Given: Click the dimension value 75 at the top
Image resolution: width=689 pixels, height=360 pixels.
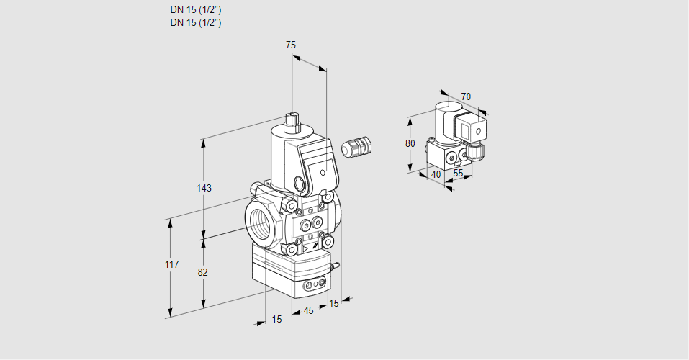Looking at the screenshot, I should (x=291, y=45).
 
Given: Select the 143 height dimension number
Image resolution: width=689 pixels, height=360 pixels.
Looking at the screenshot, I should (x=204, y=188).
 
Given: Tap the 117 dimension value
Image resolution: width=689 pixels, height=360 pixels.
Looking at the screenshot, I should (x=171, y=265).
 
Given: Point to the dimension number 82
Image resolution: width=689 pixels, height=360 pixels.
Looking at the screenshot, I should (x=203, y=272).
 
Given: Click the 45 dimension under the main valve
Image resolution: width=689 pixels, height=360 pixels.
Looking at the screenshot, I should (x=308, y=311).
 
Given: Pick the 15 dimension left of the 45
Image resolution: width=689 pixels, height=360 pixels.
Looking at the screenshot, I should (x=276, y=319).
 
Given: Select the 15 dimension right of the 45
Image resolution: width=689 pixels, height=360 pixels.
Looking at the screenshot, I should (x=333, y=303).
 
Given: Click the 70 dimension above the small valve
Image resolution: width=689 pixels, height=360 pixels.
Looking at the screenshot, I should (x=466, y=96).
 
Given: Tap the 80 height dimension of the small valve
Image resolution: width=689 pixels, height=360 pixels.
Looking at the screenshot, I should (x=410, y=143).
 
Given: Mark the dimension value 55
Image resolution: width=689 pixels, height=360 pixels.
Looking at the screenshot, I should (x=458, y=174).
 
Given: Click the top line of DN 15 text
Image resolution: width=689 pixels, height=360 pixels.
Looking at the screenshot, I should (x=195, y=10).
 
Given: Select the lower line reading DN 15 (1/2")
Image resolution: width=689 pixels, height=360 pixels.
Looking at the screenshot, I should (x=195, y=22).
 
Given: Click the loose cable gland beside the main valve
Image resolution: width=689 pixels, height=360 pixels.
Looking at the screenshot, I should (x=355, y=147).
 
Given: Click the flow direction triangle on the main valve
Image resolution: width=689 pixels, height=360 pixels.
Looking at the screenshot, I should (x=305, y=249).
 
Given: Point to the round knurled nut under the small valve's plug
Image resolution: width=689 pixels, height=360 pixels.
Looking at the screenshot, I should (x=476, y=151).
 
